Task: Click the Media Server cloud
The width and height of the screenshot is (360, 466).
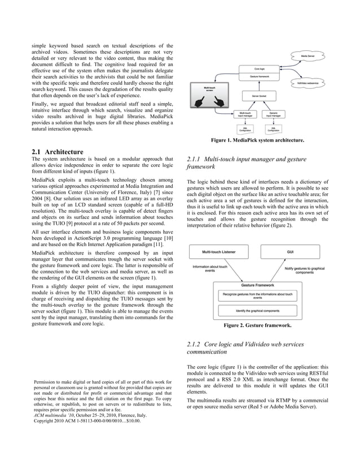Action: point(308,56)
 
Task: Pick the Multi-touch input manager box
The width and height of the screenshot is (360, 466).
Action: point(246,114)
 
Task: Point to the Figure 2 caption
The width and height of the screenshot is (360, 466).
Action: point(257,326)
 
